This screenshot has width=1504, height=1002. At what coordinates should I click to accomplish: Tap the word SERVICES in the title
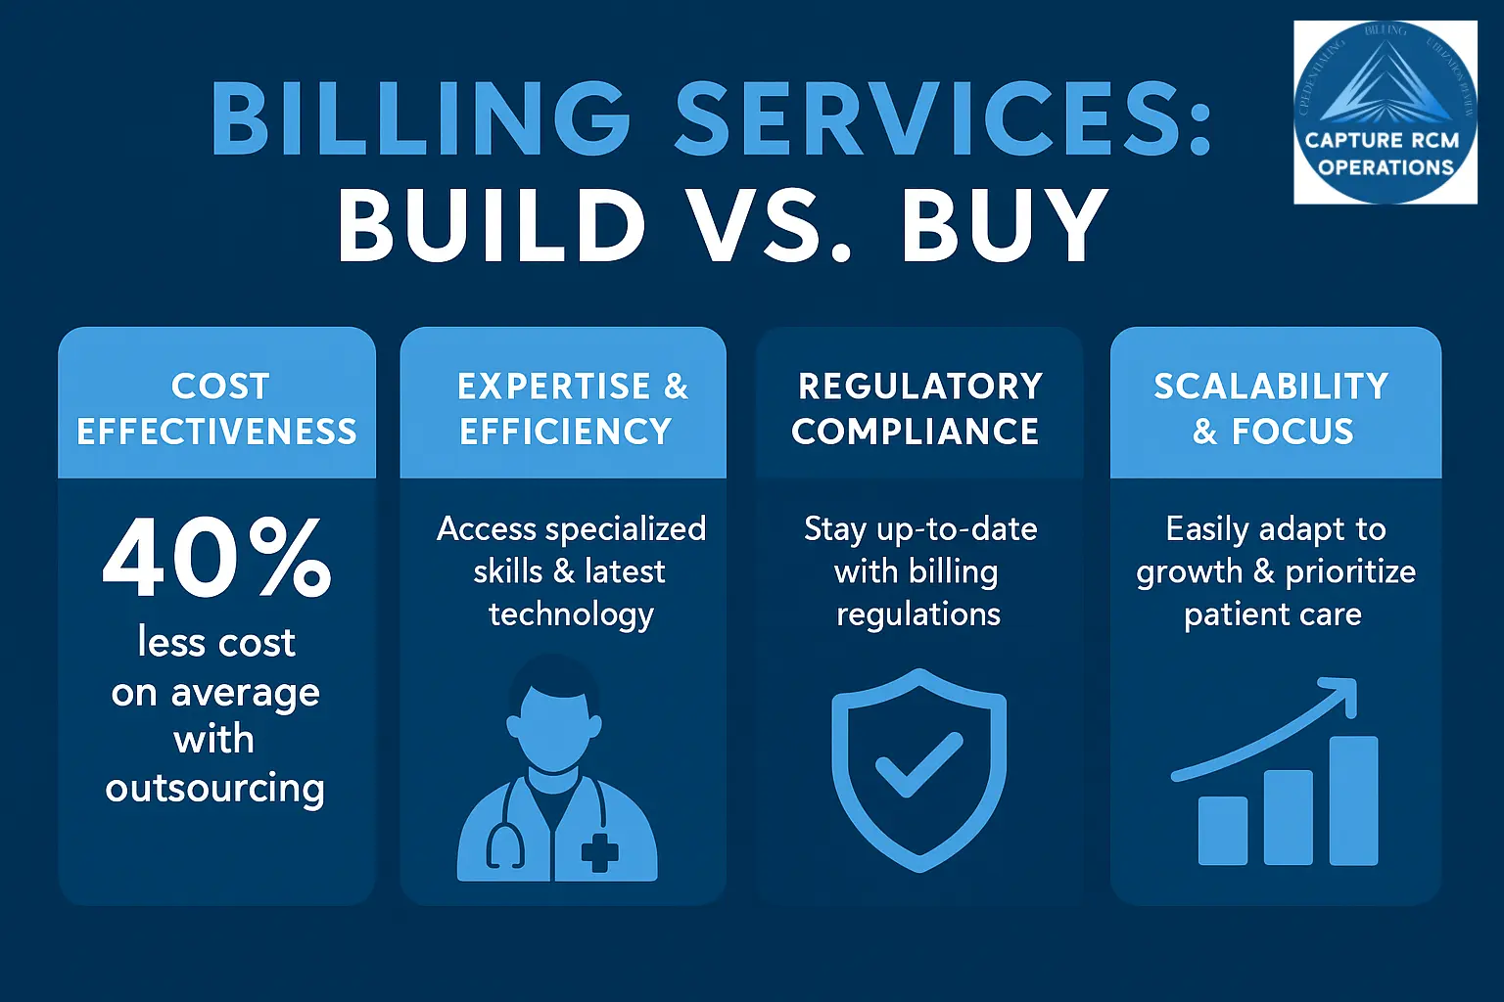tap(943, 118)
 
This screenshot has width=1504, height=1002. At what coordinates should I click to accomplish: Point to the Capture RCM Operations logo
tap(1385, 113)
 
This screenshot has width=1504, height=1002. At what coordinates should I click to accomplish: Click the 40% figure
tap(217, 558)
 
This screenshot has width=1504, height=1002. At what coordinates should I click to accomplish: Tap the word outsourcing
tap(215, 789)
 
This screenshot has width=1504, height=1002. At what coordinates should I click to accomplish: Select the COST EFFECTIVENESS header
tap(217, 408)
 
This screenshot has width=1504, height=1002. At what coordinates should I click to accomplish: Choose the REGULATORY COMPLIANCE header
tap(918, 408)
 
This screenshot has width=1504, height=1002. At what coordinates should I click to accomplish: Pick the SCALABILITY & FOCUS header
tap(1273, 408)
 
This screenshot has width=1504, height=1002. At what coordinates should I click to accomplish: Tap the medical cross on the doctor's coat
tap(599, 852)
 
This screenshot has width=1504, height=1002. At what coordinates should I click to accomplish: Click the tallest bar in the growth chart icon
tap(1353, 800)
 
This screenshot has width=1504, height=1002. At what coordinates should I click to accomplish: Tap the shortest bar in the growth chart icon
tap(1223, 831)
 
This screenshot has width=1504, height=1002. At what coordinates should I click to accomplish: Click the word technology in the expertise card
tap(571, 615)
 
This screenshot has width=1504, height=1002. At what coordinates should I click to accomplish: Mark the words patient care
tap(1273, 615)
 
